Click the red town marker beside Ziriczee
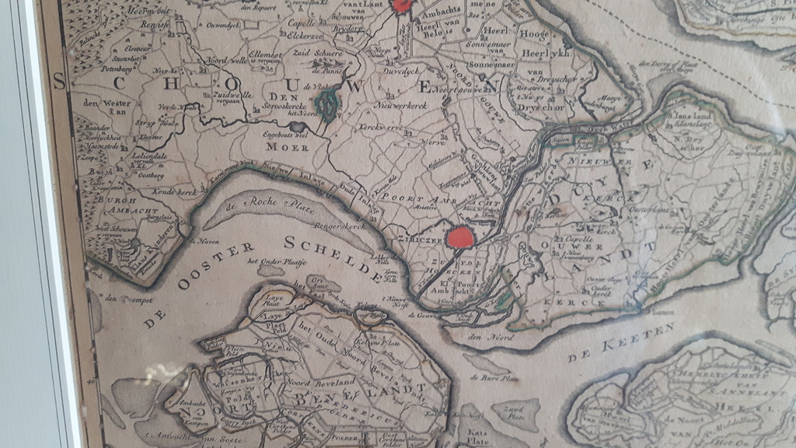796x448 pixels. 461,236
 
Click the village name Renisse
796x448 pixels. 155,25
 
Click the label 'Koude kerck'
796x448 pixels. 174,191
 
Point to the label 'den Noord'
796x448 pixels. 487,336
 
